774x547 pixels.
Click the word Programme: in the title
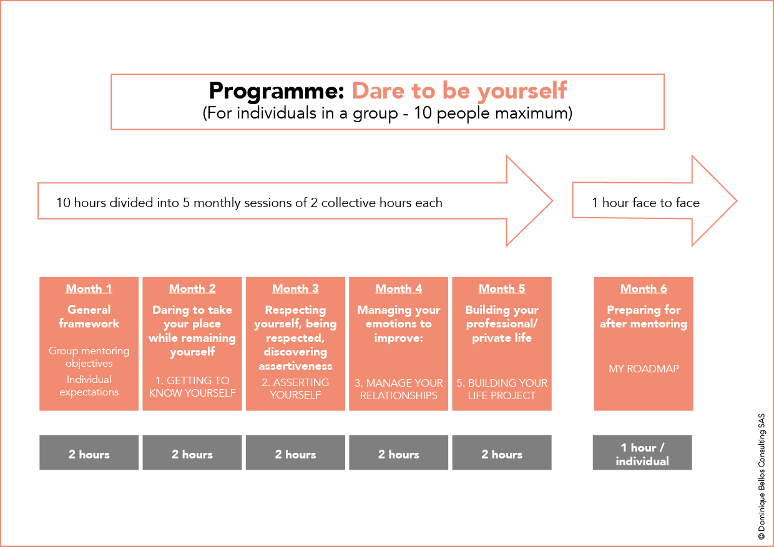277,92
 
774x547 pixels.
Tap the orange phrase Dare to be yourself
459,92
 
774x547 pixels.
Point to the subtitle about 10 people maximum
388,114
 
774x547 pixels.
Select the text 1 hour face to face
645,203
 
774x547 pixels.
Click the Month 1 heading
89,289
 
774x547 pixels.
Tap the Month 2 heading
192,289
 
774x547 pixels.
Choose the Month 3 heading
295,289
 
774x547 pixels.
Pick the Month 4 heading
399,289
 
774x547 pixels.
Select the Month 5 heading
502,289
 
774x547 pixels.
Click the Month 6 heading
644,289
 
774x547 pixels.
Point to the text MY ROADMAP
644,369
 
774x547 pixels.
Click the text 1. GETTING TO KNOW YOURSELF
192,387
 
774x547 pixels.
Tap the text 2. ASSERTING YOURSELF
295,389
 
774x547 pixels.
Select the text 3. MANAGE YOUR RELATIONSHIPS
399,389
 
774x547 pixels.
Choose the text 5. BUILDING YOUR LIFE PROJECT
502,389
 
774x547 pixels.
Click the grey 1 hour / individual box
642,452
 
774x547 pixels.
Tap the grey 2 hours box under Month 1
89,452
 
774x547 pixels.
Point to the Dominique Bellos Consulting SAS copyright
762,477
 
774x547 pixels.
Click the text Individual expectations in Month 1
89,385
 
